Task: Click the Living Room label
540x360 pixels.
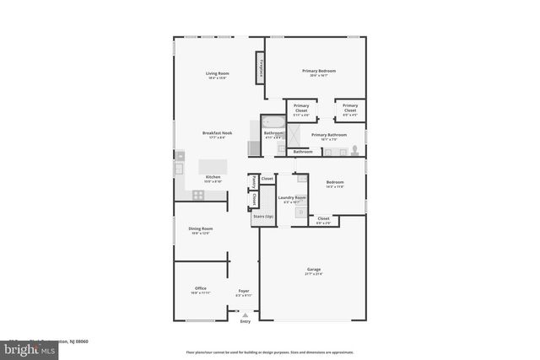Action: click(x=218, y=73)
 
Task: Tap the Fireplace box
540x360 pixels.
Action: click(x=262, y=67)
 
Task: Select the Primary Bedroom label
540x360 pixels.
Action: click(x=319, y=71)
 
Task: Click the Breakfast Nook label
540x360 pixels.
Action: click(x=217, y=132)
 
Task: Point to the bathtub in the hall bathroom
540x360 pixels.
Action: click(x=273, y=124)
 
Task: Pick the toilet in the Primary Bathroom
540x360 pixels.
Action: click(x=355, y=150)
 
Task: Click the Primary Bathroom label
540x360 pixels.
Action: click(x=328, y=135)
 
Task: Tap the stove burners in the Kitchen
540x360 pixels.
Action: click(x=198, y=195)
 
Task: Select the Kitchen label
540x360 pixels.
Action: click(x=213, y=177)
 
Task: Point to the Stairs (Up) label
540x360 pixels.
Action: click(x=263, y=217)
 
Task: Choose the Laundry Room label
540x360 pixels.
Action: click(x=292, y=198)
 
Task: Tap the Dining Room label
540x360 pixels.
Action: click(x=200, y=229)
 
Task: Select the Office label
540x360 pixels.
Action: click(x=201, y=288)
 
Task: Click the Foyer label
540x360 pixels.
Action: click(x=244, y=290)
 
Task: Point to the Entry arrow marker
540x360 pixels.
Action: click(x=246, y=314)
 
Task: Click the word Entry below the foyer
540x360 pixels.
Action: click(x=246, y=321)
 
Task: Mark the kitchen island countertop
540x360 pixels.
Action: click(x=214, y=166)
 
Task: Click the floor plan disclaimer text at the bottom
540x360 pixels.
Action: click(x=269, y=352)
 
